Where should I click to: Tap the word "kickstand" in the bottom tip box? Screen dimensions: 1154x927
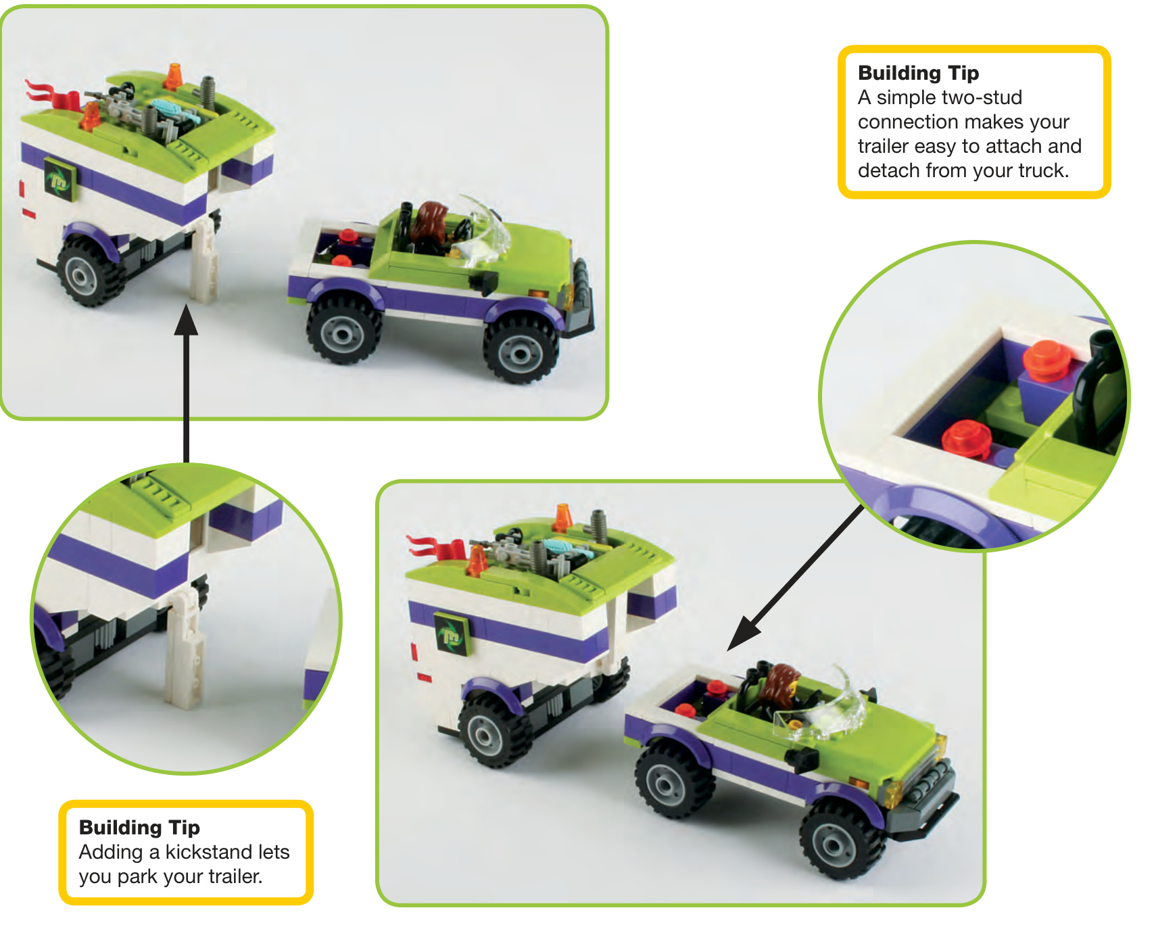point(208,852)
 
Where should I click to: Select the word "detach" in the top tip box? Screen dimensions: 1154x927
point(888,170)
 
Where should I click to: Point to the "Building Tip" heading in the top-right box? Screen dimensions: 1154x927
point(918,72)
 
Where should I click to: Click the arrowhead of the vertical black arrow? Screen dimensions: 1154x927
point(186,320)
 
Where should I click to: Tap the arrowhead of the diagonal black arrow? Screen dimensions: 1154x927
point(744,633)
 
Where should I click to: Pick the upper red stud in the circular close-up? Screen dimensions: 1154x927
point(1047,358)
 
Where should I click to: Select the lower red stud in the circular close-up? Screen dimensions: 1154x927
point(966,437)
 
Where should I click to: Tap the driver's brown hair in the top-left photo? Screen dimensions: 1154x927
point(431,222)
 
